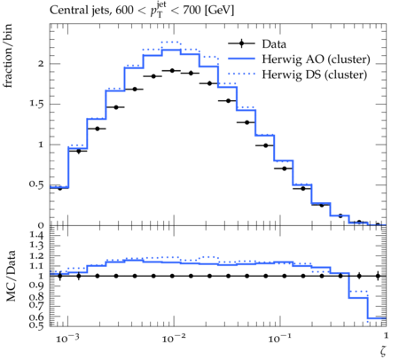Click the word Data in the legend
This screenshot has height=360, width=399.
(274, 44)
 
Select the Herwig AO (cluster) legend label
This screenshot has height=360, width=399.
(316, 59)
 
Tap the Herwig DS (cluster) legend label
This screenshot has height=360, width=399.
(315, 74)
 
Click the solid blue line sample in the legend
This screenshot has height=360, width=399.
(241, 59)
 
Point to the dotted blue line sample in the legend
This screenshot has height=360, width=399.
(241, 74)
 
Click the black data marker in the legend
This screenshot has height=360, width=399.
(241, 43)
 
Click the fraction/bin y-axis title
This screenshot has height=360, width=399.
(8, 56)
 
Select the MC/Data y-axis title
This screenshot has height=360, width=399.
(11, 276)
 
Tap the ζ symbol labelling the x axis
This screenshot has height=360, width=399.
(383, 351)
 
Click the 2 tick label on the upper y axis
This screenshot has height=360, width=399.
(41, 64)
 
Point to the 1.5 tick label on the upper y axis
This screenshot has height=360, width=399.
(36, 104)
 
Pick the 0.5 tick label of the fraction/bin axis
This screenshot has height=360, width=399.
(36, 184)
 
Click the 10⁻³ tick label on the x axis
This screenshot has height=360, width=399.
(67, 338)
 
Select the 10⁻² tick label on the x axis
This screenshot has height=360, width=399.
(174, 338)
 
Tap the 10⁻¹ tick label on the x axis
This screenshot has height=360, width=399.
(279, 338)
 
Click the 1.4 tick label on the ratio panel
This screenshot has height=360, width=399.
(36, 235)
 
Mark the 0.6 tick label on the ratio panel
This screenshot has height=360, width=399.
(36, 317)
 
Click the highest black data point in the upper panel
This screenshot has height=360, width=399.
(172, 70)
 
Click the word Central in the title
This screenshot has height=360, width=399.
(65, 11)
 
